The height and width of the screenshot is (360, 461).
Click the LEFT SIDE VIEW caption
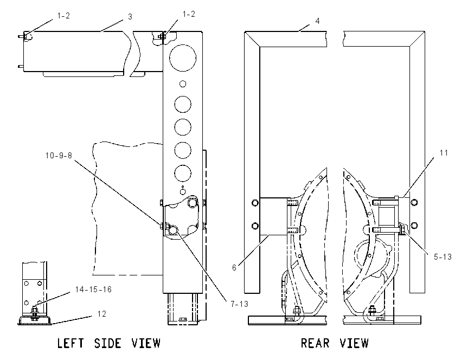point(109,343)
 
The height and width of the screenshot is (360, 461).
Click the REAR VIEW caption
point(335,343)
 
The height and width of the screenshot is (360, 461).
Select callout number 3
point(130,17)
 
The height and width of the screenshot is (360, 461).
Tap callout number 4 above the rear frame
point(317,21)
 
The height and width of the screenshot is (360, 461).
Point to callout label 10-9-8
point(59,156)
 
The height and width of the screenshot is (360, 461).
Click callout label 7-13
point(239,304)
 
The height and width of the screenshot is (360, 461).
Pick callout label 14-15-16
point(93,290)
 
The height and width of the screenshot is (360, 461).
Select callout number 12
point(102,314)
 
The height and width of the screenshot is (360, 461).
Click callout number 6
point(234,268)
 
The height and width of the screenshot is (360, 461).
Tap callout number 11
point(444,153)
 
